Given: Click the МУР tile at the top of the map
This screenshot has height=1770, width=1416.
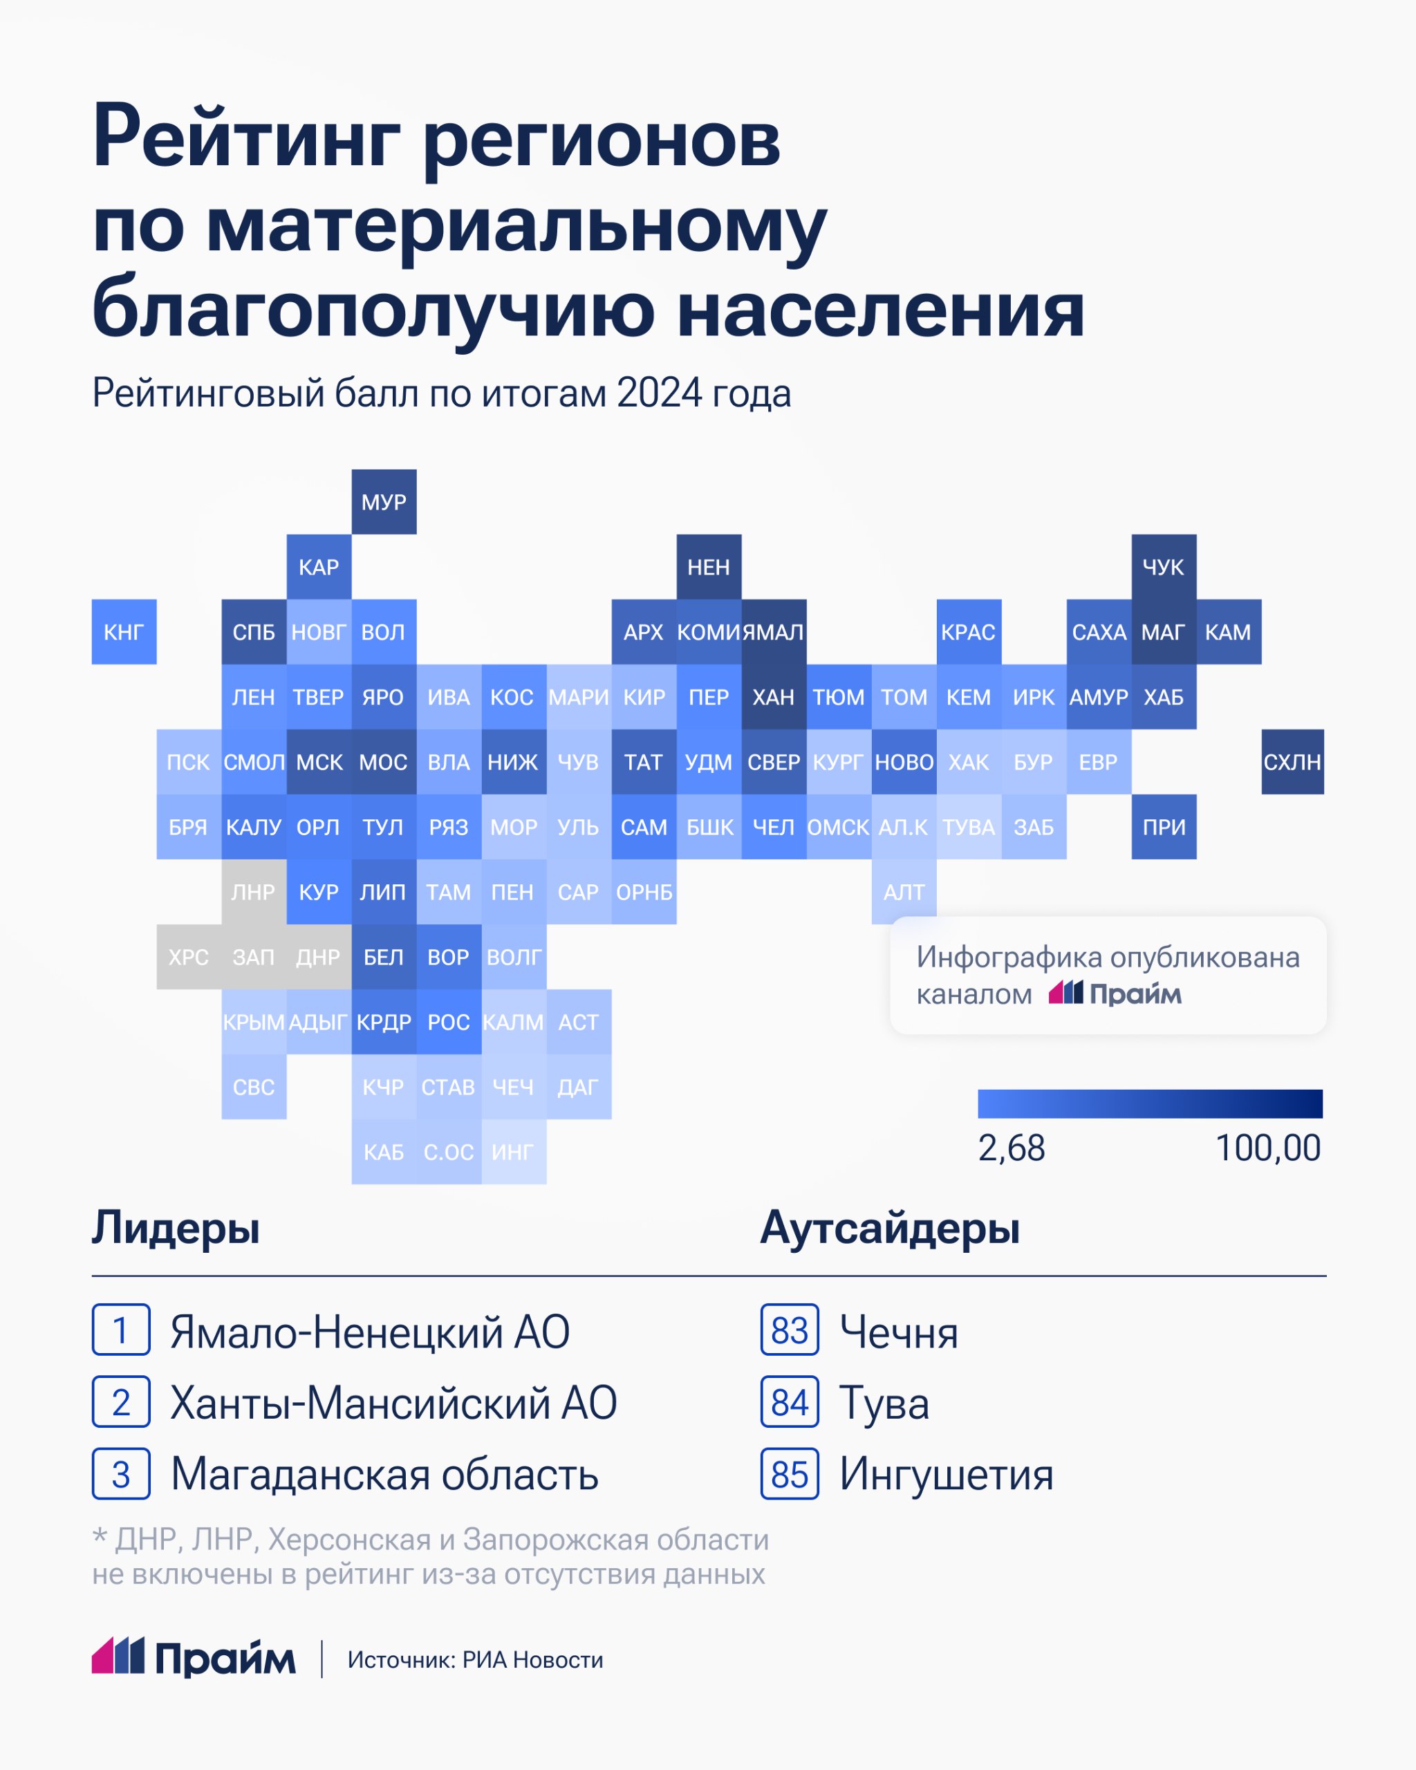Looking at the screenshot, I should pyautogui.click(x=384, y=501).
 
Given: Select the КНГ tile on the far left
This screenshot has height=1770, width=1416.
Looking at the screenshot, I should pyautogui.click(x=124, y=631).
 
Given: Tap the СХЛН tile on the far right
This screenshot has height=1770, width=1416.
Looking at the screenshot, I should pyautogui.click(x=1292, y=762).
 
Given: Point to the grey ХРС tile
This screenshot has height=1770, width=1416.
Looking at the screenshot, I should pyautogui.click(x=189, y=956).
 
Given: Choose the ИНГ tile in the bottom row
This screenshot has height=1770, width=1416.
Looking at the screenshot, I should pyautogui.click(x=513, y=1152).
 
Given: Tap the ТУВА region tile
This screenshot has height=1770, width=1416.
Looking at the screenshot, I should pyautogui.click(x=969, y=827).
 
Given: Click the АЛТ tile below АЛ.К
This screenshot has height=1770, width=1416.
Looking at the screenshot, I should pyautogui.click(x=904, y=891).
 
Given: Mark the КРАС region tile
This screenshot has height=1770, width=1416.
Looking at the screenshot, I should pyautogui.click(x=969, y=631).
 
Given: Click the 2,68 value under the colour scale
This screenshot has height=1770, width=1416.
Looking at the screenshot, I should pyautogui.click(x=1012, y=1148).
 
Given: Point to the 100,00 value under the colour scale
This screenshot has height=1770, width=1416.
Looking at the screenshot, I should pyautogui.click(x=1267, y=1148).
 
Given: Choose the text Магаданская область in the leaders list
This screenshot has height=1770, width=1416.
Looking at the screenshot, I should pyautogui.click(x=384, y=1475).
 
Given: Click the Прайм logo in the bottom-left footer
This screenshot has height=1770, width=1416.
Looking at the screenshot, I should pyautogui.click(x=194, y=1659).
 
